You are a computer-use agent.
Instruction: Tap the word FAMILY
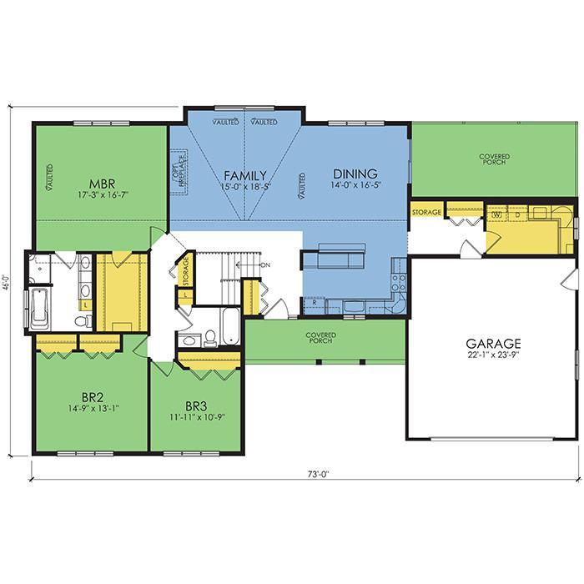[245, 175]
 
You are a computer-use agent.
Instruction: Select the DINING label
[355, 174]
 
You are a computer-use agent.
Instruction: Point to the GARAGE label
[494, 343]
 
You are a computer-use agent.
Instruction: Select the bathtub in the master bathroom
[38, 308]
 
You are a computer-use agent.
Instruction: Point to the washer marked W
[498, 214]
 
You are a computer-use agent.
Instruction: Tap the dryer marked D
[518, 214]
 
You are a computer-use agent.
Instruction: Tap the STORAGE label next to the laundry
[426, 212]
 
